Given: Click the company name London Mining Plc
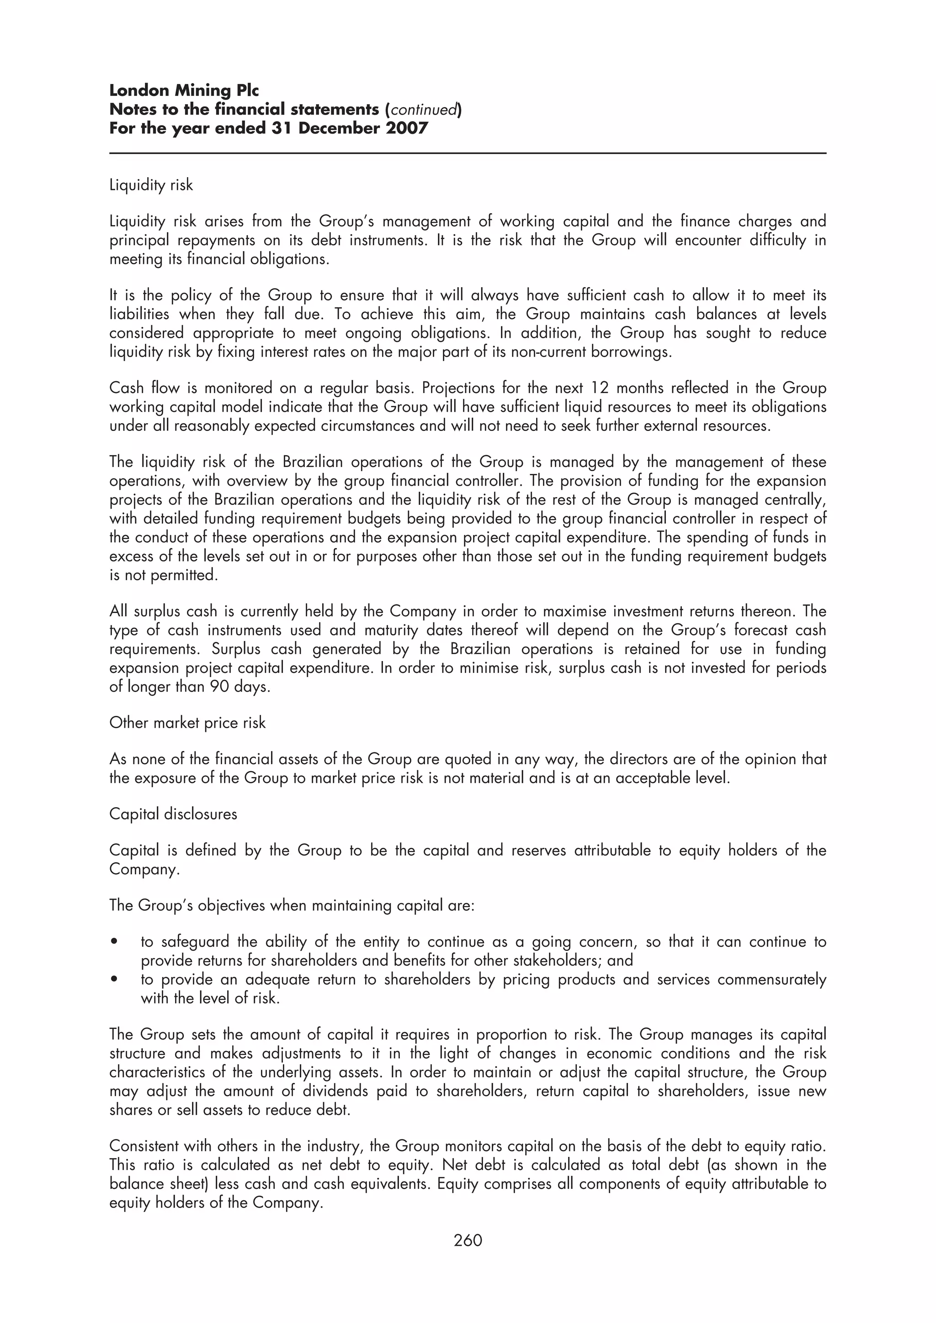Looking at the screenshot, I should point(184,90).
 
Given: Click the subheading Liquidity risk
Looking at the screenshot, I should point(151,185).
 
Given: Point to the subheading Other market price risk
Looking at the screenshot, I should point(187,723).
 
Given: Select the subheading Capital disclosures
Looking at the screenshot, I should point(173,814).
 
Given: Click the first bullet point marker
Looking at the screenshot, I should point(115,942).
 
